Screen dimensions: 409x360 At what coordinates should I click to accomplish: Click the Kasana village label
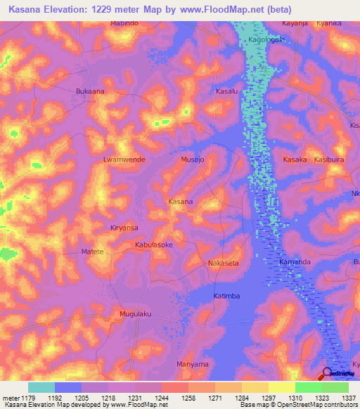[x=181, y=202]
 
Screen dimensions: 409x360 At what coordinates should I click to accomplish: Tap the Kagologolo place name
[x=267, y=40]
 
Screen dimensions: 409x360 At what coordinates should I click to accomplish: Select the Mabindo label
[x=125, y=24]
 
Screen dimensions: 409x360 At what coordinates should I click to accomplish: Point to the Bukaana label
[x=89, y=91]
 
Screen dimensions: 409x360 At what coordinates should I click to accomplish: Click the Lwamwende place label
[x=124, y=160]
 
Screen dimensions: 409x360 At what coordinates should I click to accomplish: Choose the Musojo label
[x=193, y=160]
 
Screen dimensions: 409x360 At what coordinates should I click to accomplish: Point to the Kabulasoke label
[x=154, y=245]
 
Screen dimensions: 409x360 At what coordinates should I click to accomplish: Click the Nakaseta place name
[x=224, y=263]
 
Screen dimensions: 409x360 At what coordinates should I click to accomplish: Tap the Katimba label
[x=226, y=296]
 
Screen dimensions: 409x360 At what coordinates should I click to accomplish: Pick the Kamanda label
[x=295, y=262]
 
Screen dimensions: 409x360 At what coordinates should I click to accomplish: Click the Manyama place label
[x=192, y=365]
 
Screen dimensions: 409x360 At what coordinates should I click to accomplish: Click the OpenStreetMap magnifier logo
[x=327, y=372]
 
